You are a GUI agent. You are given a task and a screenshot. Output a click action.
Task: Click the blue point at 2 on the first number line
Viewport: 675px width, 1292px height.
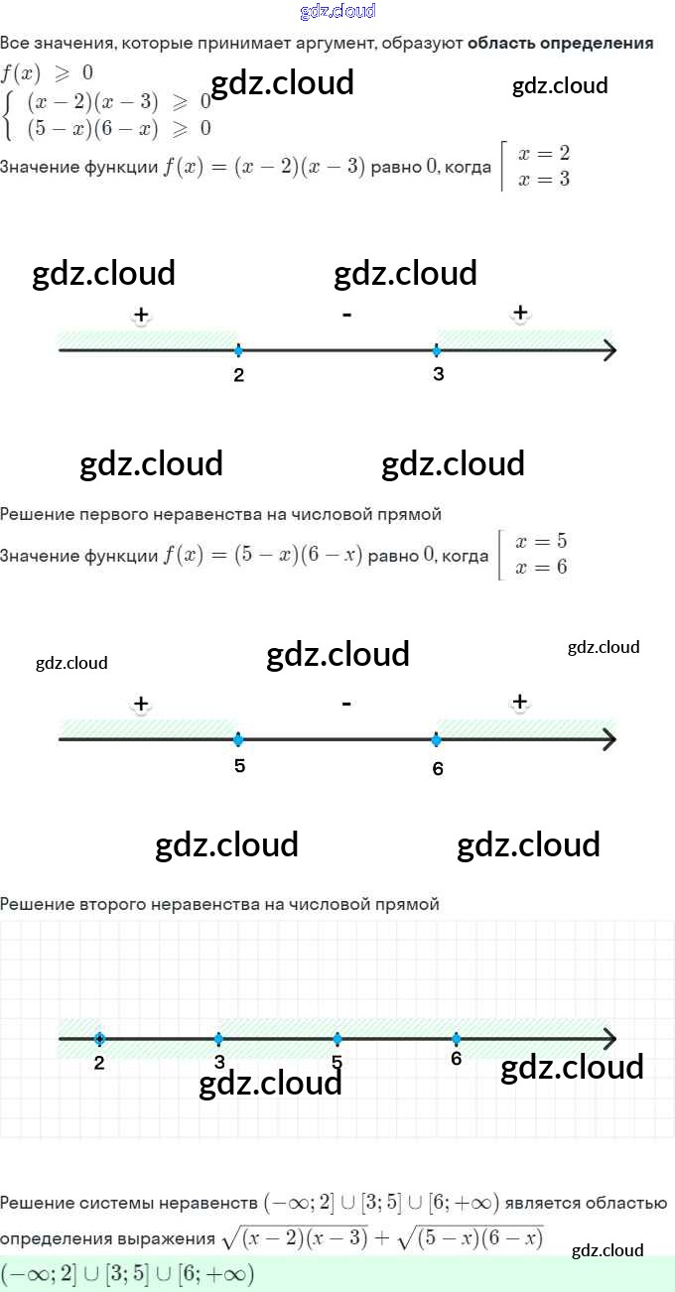point(238,350)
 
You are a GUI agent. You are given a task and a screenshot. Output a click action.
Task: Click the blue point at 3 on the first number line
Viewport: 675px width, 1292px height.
point(437,350)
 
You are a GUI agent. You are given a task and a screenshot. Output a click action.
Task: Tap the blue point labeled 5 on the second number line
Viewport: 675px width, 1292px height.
point(238,739)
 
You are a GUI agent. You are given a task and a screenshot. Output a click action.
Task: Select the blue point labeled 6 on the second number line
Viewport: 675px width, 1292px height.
point(437,739)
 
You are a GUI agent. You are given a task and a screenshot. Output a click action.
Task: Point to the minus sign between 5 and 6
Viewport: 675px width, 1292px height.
point(346,704)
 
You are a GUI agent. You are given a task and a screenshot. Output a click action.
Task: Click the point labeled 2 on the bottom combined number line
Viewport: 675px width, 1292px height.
point(99,1039)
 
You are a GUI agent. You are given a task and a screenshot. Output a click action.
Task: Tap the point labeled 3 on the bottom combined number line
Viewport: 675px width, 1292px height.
point(218,1039)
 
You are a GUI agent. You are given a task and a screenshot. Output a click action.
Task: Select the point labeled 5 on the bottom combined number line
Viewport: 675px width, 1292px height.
point(337,1039)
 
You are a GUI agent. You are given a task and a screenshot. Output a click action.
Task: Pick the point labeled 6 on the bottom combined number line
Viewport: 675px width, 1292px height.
point(456,1039)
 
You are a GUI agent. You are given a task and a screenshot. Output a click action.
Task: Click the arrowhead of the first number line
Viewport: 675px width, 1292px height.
point(609,350)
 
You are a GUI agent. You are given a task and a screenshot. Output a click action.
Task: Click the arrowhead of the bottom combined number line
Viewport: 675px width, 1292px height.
point(609,1039)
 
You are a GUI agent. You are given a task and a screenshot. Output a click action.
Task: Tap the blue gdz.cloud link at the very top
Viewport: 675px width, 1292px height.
point(337,11)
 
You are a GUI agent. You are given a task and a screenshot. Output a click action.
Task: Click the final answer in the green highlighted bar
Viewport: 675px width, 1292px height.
point(128,1273)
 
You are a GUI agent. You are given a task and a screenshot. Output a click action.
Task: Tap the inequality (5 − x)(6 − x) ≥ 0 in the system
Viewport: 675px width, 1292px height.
point(119,128)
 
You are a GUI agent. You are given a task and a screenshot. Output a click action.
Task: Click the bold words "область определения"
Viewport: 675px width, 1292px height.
point(560,44)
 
